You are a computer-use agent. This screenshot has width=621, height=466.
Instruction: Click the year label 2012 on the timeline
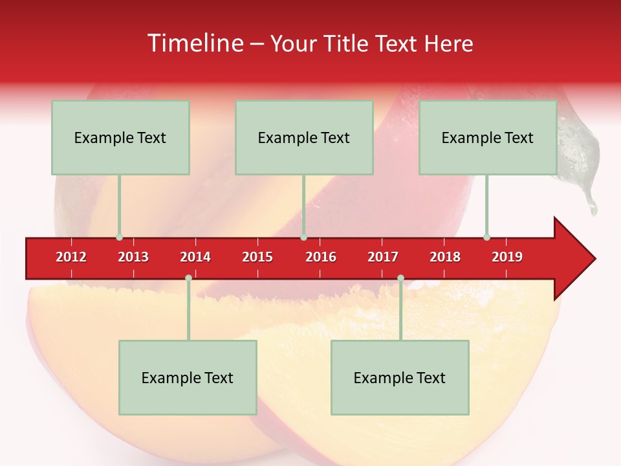(x=71, y=258)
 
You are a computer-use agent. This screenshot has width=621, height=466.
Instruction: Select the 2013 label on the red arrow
(x=133, y=258)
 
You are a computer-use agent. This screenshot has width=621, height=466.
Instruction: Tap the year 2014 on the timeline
(x=195, y=258)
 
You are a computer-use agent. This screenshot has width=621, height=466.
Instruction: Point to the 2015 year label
(x=257, y=258)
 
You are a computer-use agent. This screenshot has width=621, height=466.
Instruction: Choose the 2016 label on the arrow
(x=321, y=258)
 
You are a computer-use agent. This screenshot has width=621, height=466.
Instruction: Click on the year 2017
(x=383, y=258)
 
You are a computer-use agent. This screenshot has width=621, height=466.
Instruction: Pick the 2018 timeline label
(x=445, y=258)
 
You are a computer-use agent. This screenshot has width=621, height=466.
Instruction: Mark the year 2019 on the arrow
(x=507, y=258)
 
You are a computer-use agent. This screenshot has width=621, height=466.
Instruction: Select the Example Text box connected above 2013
(x=120, y=137)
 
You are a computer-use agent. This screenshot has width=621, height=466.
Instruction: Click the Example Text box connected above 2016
(x=304, y=137)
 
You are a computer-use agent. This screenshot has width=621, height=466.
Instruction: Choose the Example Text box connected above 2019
(x=488, y=137)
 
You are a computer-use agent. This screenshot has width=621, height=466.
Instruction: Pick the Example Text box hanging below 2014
(x=188, y=377)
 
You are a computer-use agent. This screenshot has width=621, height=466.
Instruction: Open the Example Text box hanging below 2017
(x=400, y=377)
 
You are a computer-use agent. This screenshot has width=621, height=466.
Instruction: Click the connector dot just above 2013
(x=119, y=238)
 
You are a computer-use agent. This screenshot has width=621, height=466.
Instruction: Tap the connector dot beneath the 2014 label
(x=188, y=278)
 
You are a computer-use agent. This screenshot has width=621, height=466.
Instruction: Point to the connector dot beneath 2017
(x=400, y=278)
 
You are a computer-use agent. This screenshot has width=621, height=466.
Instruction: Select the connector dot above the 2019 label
(x=486, y=238)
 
